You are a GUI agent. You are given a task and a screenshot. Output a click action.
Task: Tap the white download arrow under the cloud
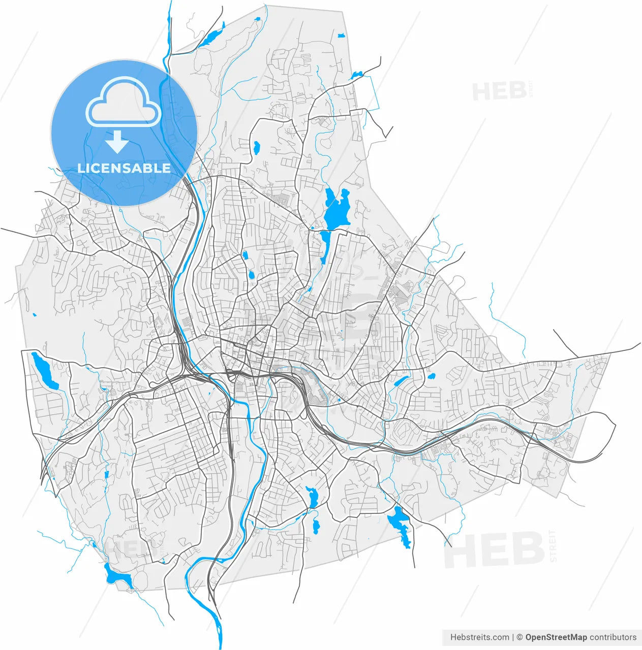coord(117,142)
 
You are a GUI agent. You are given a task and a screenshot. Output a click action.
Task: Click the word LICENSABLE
coord(124,168)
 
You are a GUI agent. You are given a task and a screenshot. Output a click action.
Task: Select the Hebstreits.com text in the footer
coord(479,637)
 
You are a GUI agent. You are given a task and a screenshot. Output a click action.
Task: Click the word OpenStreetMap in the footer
coord(556,637)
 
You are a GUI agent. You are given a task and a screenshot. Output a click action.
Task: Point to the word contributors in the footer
coord(613,637)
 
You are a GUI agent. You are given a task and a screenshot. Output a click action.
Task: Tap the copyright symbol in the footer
coord(519,637)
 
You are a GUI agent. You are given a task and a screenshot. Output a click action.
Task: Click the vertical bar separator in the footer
coord(513,637)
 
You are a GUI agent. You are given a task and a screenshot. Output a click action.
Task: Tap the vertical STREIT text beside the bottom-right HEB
coord(553,546)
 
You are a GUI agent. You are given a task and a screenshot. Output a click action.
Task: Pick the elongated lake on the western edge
coord(45,370)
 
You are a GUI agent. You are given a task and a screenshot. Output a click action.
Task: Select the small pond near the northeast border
coord(356,75)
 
